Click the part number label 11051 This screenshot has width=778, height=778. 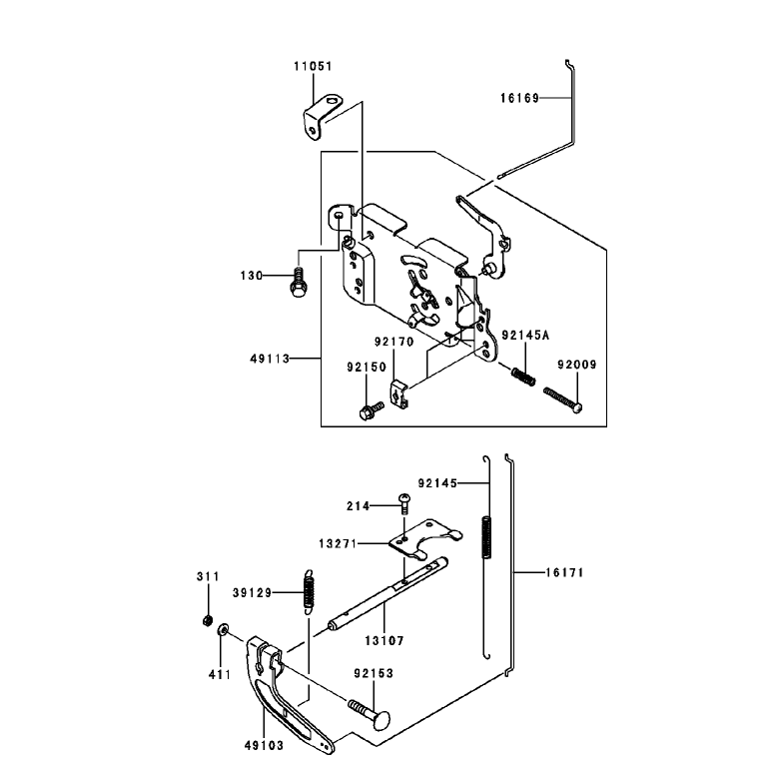[313, 66]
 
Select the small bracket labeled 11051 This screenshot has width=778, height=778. [323, 118]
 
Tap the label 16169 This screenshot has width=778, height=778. [519, 98]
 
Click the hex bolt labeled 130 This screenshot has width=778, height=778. [298, 283]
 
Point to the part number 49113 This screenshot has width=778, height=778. [270, 359]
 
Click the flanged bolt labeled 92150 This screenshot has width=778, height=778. [371, 410]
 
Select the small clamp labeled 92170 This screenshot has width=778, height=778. [398, 393]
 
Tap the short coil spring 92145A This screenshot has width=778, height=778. [523, 376]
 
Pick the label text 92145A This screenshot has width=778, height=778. [526, 336]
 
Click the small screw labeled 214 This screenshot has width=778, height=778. [404, 503]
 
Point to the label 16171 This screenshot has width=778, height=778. [564, 572]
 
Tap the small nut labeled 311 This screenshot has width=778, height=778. [208, 621]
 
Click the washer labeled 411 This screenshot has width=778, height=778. [223, 630]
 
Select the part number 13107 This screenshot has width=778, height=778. [385, 641]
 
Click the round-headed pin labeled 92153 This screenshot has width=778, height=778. [370, 714]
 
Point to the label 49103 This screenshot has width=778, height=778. [264, 745]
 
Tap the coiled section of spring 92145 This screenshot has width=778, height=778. [487, 537]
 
